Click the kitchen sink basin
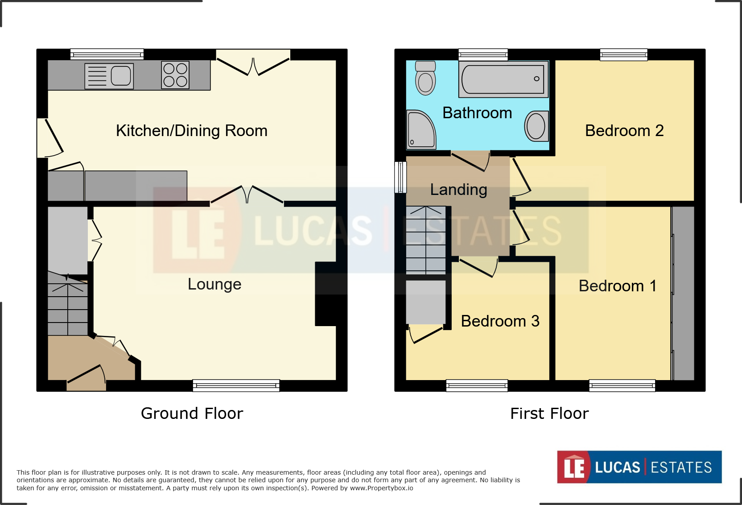121,76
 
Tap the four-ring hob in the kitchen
175,75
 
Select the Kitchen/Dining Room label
191,131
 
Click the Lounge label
214,284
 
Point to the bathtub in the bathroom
503,79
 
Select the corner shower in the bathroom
420,130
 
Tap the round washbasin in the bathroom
536,126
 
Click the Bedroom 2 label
624,131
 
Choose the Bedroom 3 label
500,321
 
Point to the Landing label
458,190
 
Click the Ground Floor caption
192,414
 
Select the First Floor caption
549,414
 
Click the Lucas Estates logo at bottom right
639,467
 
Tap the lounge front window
236,385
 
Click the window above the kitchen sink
107,54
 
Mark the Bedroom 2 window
623,54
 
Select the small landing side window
400,177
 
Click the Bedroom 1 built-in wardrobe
683,293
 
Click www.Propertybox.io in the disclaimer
381,488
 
